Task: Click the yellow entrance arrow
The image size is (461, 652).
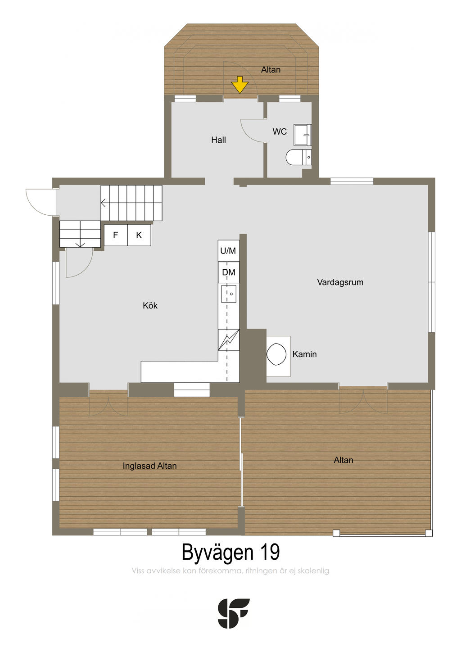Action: (240, 85)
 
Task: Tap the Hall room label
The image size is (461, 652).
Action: (218, 140)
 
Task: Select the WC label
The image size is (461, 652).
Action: (280, 131)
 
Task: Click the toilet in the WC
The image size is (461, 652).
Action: (298, 158)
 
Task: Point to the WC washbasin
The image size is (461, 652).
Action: (303, 135)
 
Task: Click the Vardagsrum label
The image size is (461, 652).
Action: (340, 282)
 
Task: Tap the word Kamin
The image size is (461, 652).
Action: (304, 354)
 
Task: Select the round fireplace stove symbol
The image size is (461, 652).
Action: (276, 354)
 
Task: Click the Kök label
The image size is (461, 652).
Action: (150, 305)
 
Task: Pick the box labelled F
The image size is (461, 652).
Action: (116, 235)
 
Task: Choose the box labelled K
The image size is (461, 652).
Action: (139, 235)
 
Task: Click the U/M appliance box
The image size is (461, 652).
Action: (228, 251)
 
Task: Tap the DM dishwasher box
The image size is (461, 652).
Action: (228, 272)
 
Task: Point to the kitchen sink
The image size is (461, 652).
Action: (229, 294)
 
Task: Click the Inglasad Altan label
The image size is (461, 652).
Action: (149, 466)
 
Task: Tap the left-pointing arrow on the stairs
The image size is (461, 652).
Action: (104, 203)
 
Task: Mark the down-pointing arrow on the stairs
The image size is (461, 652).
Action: (80, 244)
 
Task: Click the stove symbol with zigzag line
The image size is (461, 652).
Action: (228, 340)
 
